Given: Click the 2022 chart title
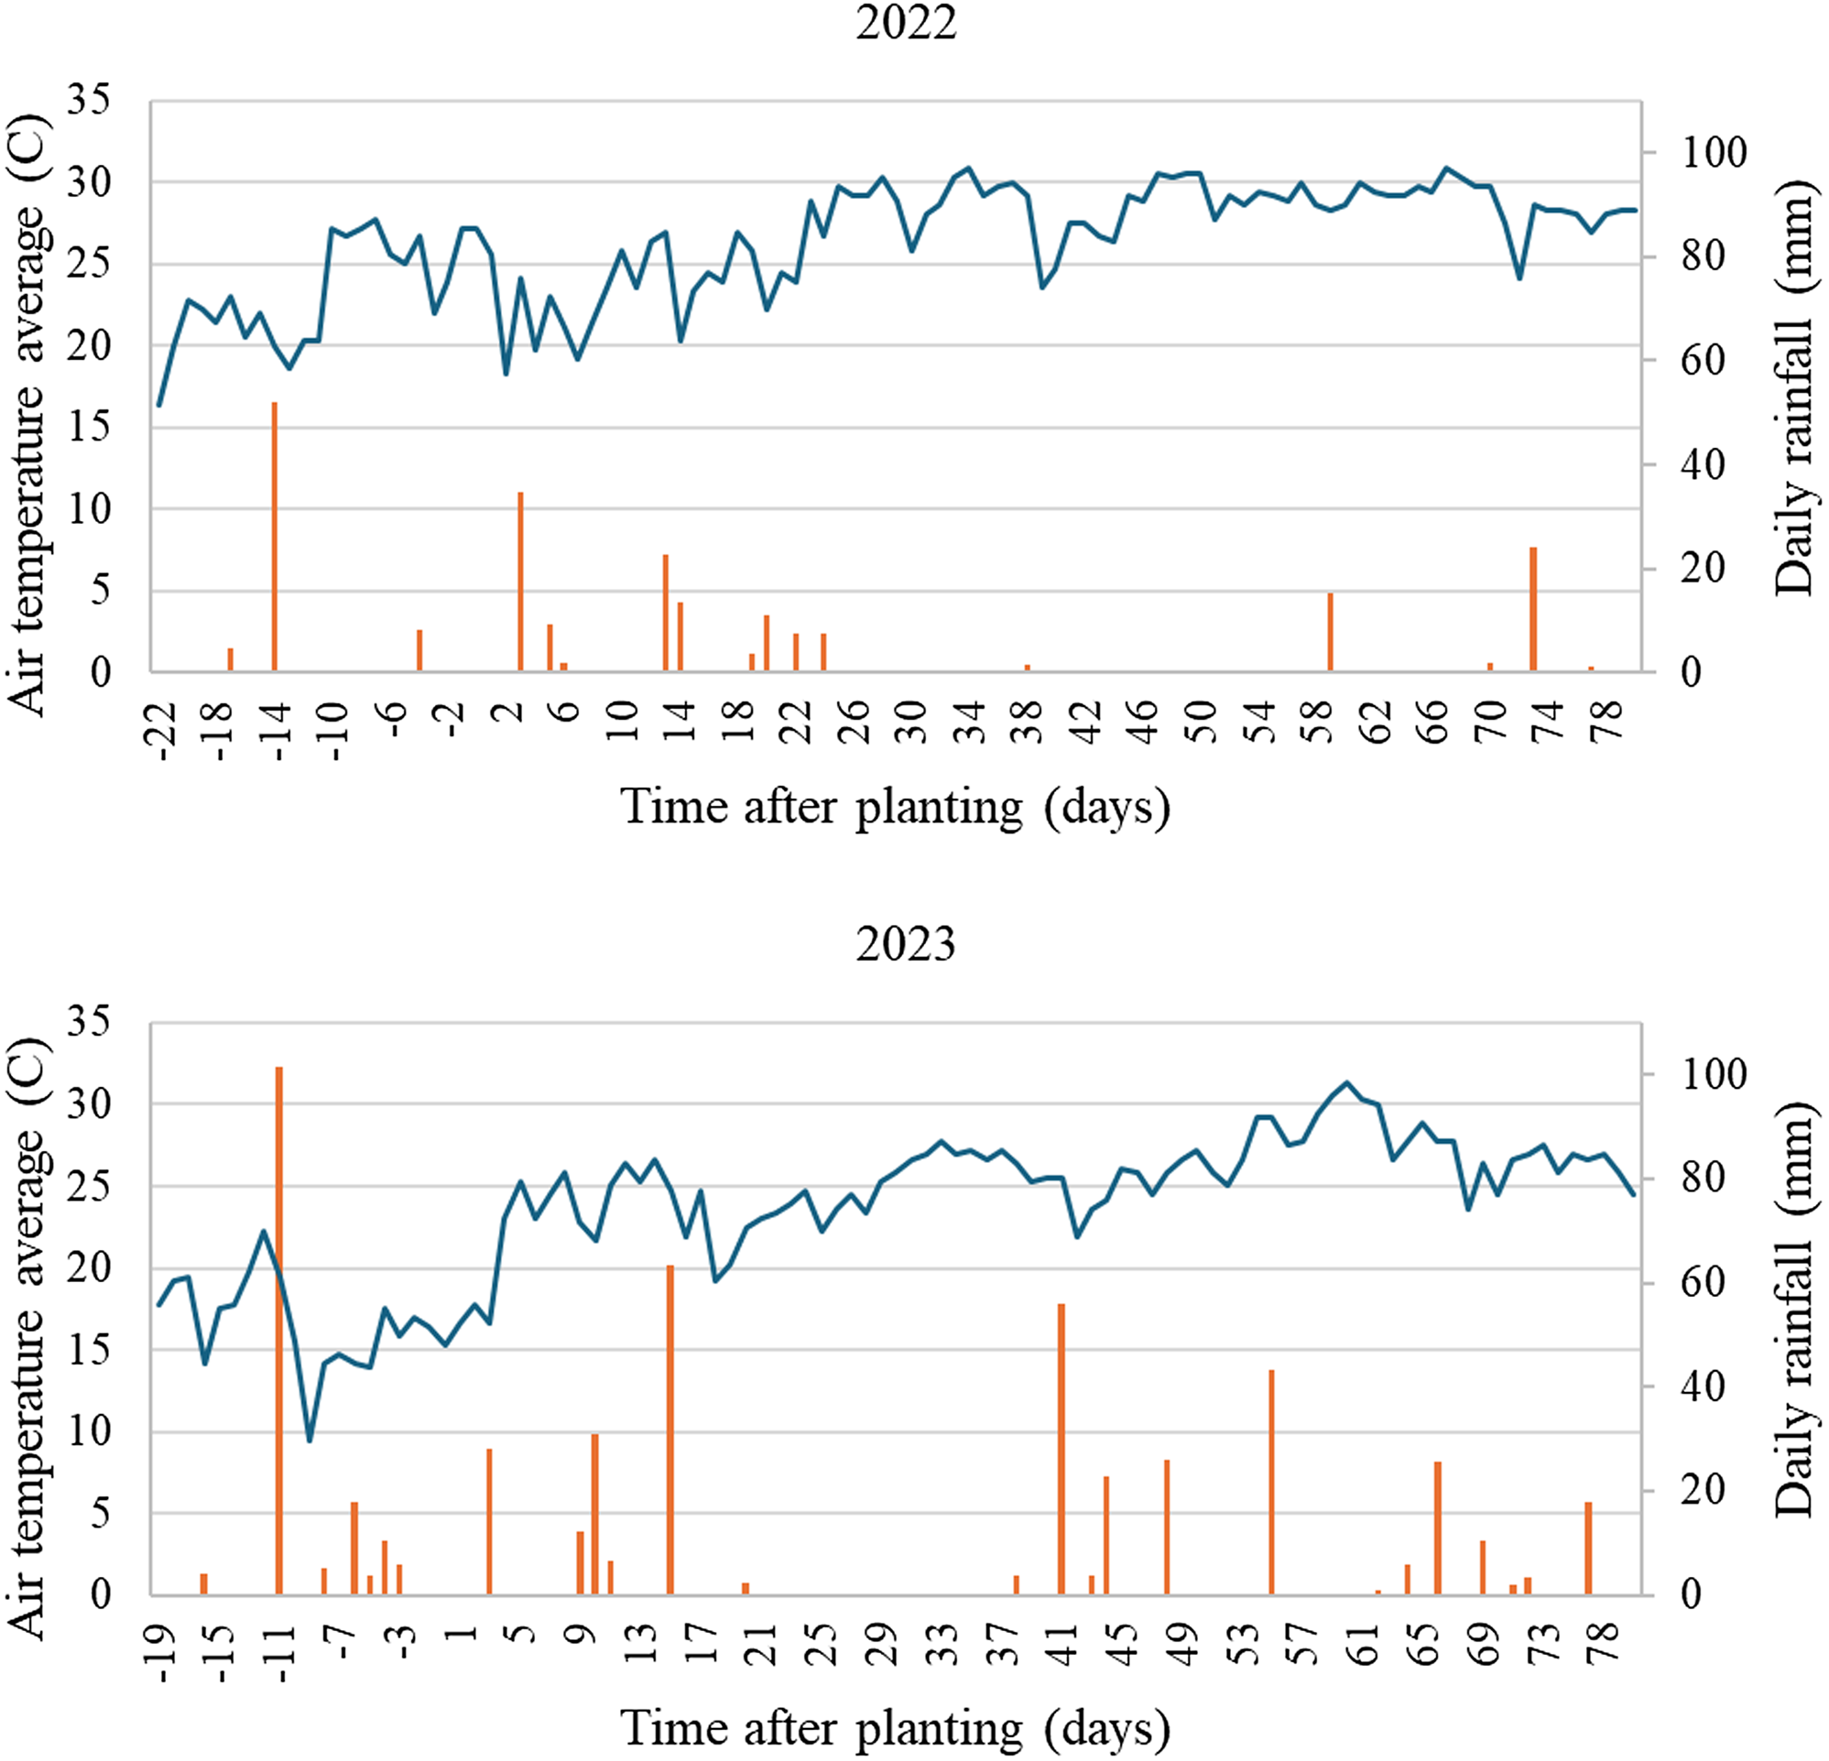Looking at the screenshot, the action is coord(905,22).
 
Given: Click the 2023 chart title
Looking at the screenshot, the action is coord(905,944).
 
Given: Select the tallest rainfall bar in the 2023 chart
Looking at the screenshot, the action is coord(279,1330).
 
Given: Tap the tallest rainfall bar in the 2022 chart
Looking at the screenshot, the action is coord(275,537).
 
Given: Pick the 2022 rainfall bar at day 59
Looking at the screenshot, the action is coord(1331,632).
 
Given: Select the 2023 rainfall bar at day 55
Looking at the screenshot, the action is coord(1271,1482).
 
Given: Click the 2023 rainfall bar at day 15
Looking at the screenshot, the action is coord(670,1429).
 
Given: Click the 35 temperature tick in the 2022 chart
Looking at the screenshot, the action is coord(88,100).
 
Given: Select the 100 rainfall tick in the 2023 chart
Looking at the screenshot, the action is coord(1715,1074).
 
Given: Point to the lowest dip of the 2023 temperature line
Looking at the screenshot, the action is coord(310,1440).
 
